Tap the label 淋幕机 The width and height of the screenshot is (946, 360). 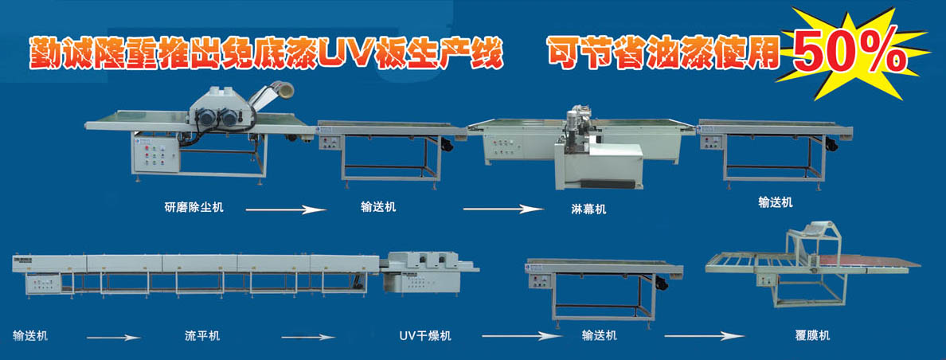[588, 209]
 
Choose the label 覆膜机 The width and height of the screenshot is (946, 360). [812, 335]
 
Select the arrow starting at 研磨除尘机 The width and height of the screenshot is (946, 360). [285, 209]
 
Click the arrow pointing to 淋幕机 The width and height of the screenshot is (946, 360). [503, 209]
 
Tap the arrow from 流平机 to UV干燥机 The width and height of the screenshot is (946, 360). [307, 337]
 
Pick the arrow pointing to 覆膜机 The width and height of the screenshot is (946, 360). [705, 336]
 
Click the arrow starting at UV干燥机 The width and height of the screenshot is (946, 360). [522, 336]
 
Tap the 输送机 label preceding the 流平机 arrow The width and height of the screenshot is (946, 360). [30, 336]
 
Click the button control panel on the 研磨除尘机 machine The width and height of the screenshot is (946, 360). [155, 155]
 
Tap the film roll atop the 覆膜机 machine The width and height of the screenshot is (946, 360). [815, 229]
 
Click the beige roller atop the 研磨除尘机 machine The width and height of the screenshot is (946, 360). [282, 89]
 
